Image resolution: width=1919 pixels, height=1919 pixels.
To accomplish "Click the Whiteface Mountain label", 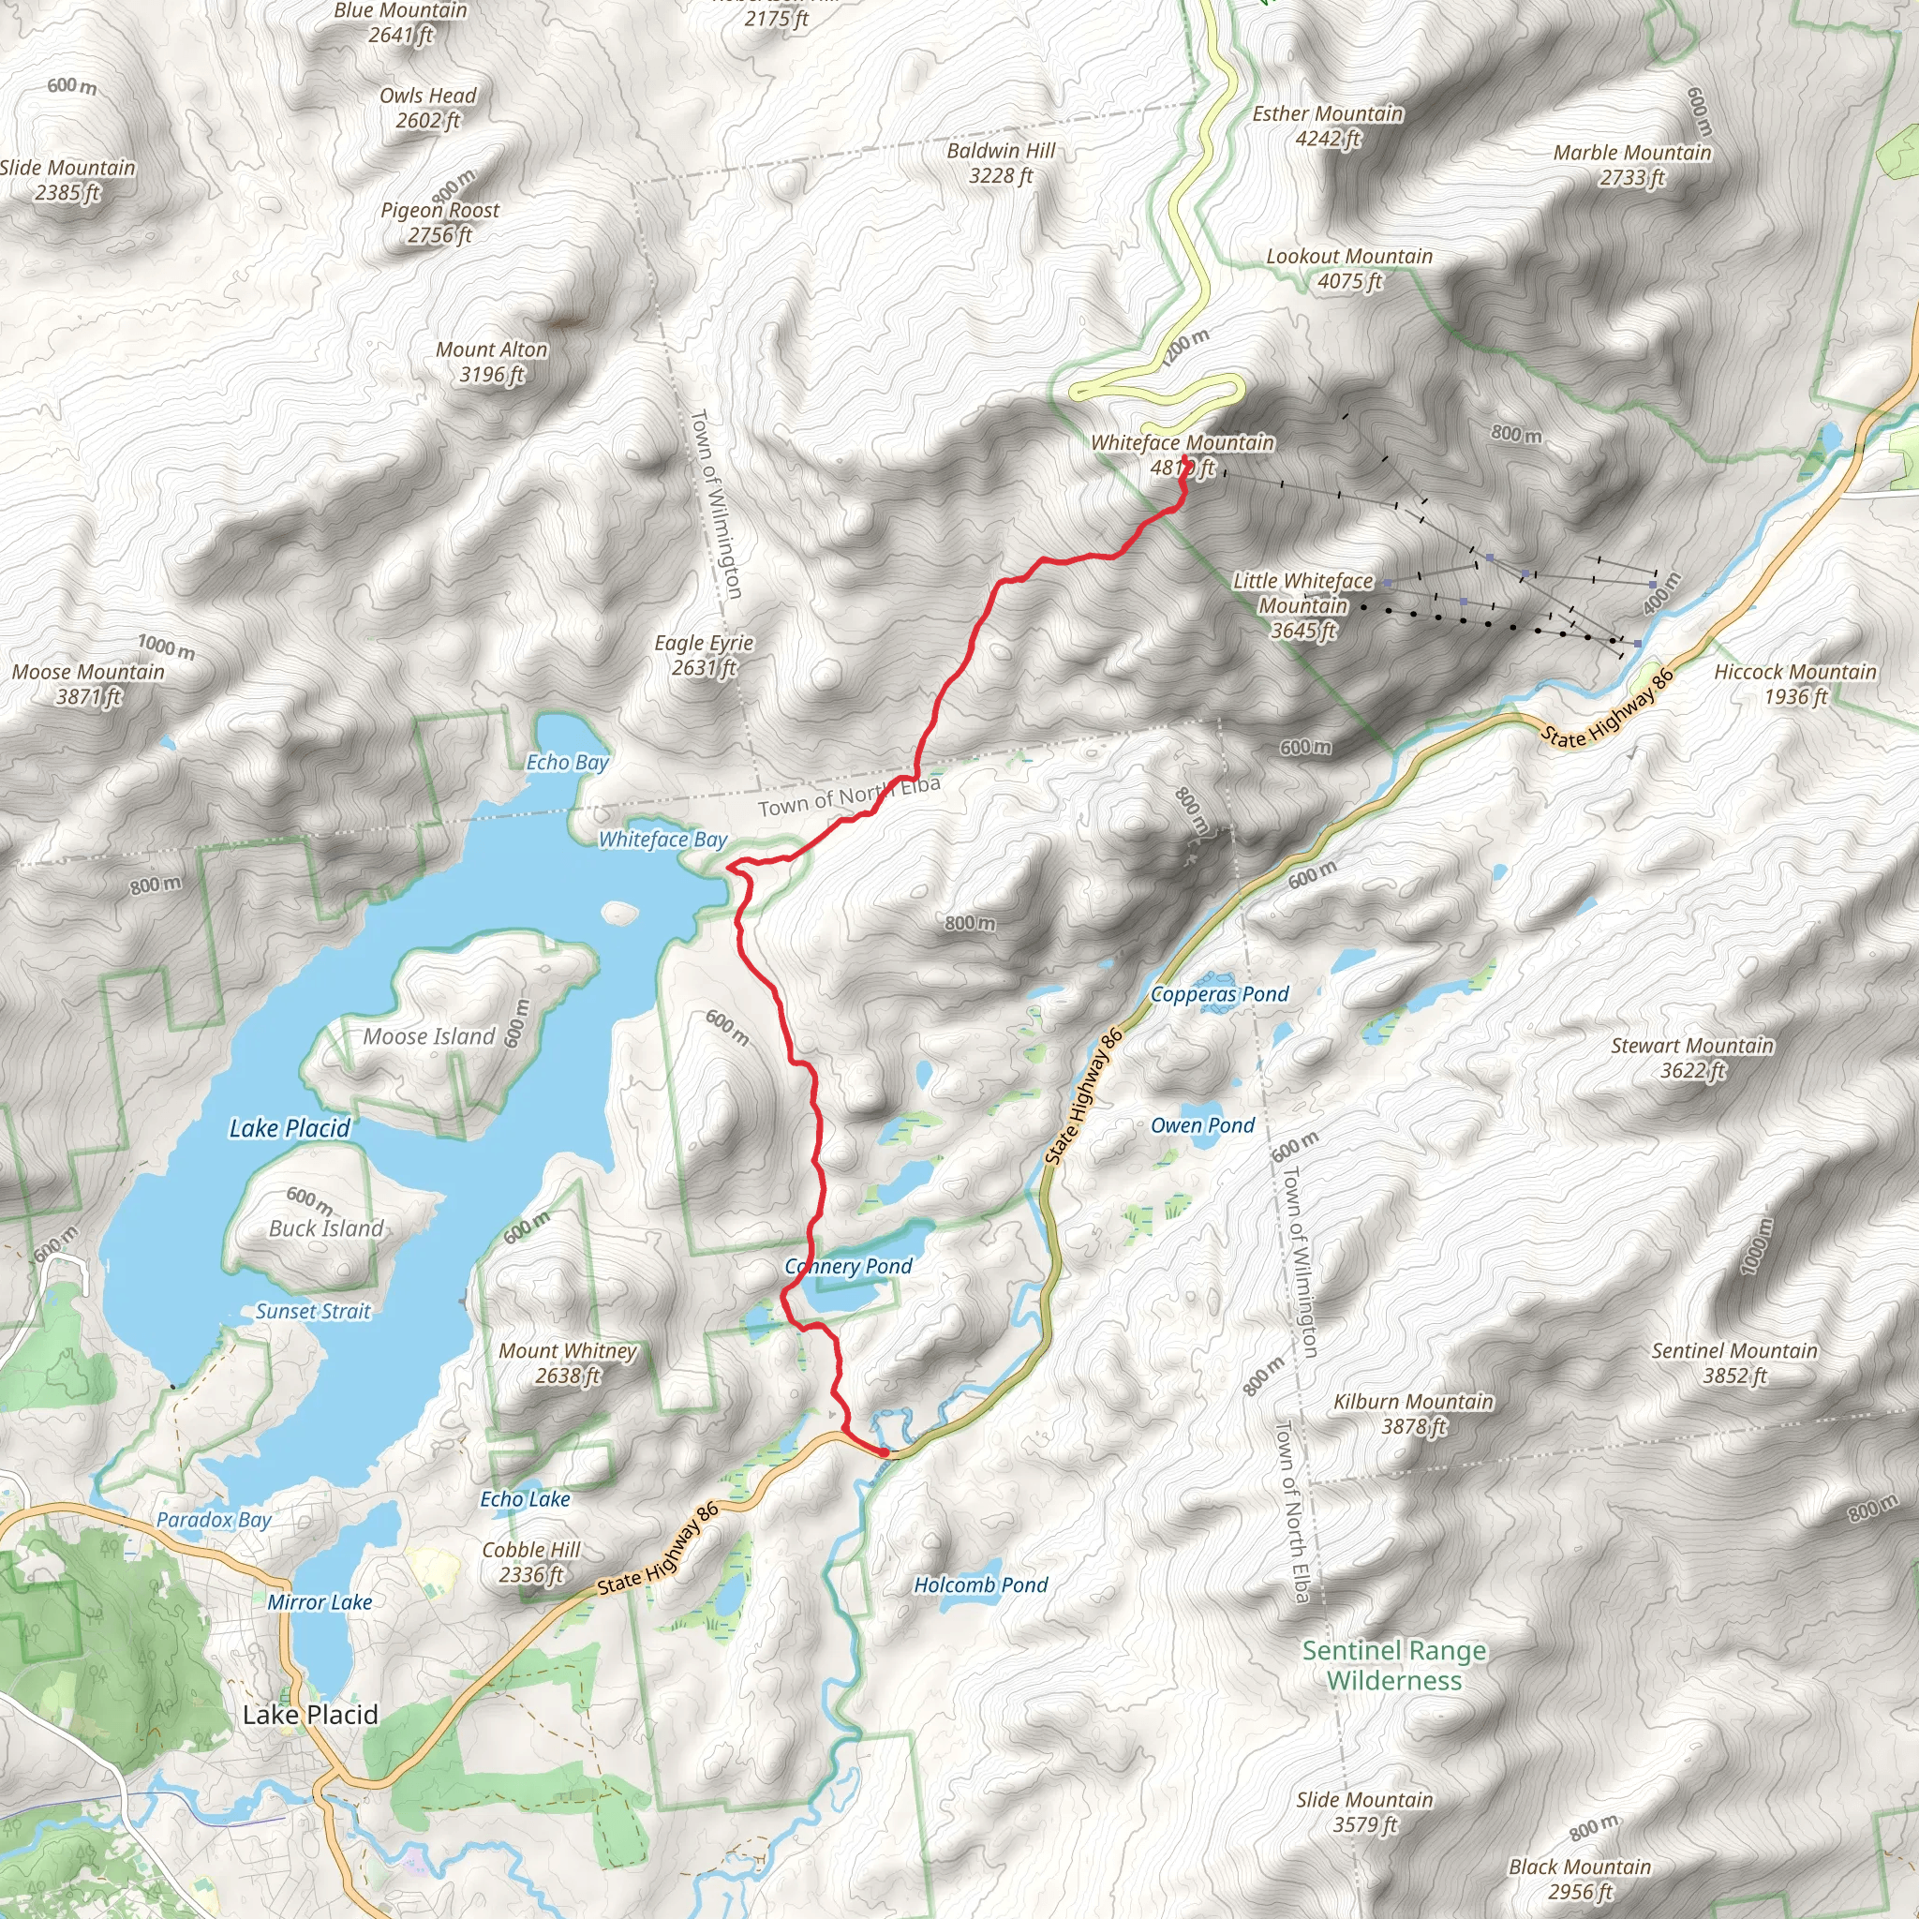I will pyautogui.click(x=1182, y=444).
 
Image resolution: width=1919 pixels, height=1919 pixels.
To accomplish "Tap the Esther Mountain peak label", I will pyautogui.click(x=1327, y=126).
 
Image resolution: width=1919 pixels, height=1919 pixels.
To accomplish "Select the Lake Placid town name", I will pyautogui.click(x=310, y=1715).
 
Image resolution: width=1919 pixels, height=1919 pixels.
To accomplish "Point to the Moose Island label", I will pyautogui.click(x=428, y=1036).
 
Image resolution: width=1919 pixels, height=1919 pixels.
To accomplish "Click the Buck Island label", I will pyautogui.click(x=326, y=1227).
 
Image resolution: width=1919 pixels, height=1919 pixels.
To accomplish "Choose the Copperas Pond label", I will pyautogui.click(x=1219, y=994).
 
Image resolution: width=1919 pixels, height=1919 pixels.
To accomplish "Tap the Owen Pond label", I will pyautogui.click(x=1202, y=1125).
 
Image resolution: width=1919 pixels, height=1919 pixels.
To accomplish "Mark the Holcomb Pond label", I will pyautogui.click(x=980, y=1585).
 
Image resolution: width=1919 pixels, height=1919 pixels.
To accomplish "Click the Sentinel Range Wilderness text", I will pyautogui.click(x=1394, y=1666).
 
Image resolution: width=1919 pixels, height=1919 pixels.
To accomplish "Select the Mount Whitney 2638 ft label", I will pyautogui.click(x=567, y=1362).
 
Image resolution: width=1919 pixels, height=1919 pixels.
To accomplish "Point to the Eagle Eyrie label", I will pyautogui.click(x=704, y=655).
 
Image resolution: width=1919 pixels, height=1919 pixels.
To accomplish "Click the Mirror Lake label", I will pyautogui.click(x=319, y=1602).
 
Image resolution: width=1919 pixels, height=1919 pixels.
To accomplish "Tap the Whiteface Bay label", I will pyautogui.click(x=662, y=840).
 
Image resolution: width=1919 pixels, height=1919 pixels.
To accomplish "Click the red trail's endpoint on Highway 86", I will pyautogui.click(x=883, y=1452).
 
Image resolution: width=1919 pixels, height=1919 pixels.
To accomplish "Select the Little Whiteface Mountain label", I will pyautogui.click(x=1303, y=605).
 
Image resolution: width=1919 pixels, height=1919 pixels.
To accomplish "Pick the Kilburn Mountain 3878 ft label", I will pyautogui.click(x=1412, y=1413).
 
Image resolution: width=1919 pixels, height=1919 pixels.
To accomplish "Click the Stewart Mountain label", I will pyautogui.click(x=1691, y=1057).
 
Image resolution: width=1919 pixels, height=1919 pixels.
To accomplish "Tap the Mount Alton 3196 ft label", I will pyautogui.click(x=492, y=362).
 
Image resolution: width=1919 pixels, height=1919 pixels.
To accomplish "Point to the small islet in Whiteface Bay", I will pyautogui.click(x=619, y=911).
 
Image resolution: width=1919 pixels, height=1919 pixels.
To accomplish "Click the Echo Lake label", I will pyautogui.click(x=525, y=1499).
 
